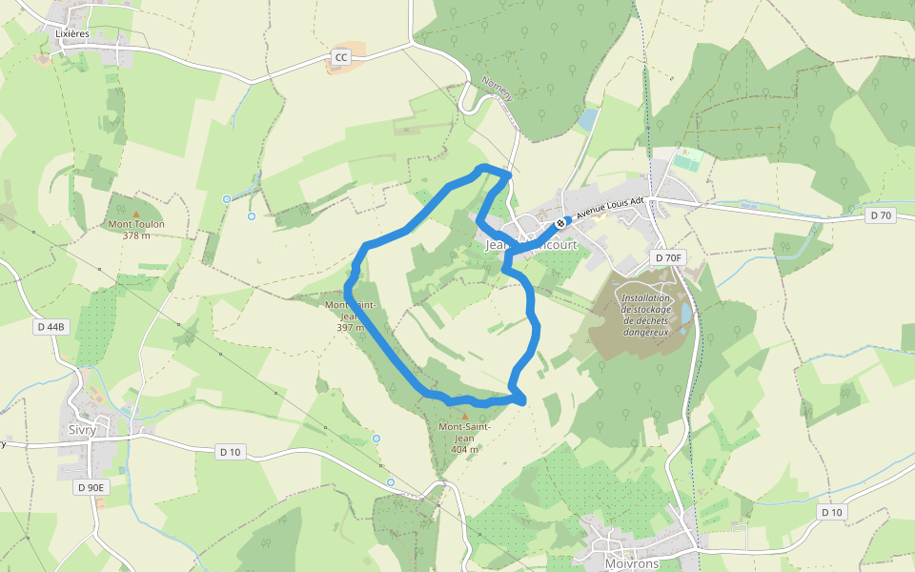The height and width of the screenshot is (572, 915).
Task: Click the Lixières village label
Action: click(x=72, y=32)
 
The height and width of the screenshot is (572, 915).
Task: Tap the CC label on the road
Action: click(x=341, y=58)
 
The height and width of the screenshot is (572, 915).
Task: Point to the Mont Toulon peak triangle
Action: click(x=135, y=213)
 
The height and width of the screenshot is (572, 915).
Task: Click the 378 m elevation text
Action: click(x=136, y=235)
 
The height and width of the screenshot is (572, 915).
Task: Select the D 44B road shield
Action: click(x=51, y=327)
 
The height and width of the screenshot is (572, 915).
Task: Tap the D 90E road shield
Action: click(x=91, y=487)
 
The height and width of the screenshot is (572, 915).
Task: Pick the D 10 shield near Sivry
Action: click(x=230, y=451)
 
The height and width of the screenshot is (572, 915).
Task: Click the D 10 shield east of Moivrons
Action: click(x=831, y=512)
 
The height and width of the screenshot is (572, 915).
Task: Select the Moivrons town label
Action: click(x=632, y=564)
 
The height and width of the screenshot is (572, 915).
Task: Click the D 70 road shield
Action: click(x=881, y=215)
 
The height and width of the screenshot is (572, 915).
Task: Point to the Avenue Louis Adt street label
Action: click(x=611, y=210)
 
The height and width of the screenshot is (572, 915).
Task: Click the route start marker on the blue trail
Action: click(x=560, y=223)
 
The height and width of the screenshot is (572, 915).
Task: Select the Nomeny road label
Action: click(x=498, y=89)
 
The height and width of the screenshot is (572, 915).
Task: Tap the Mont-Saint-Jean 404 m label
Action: click(x=464, y=438)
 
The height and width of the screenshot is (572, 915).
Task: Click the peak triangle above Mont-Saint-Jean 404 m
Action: click(x=464, y=415)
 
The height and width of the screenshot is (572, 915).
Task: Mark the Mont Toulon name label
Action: click(x=136, y=224)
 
